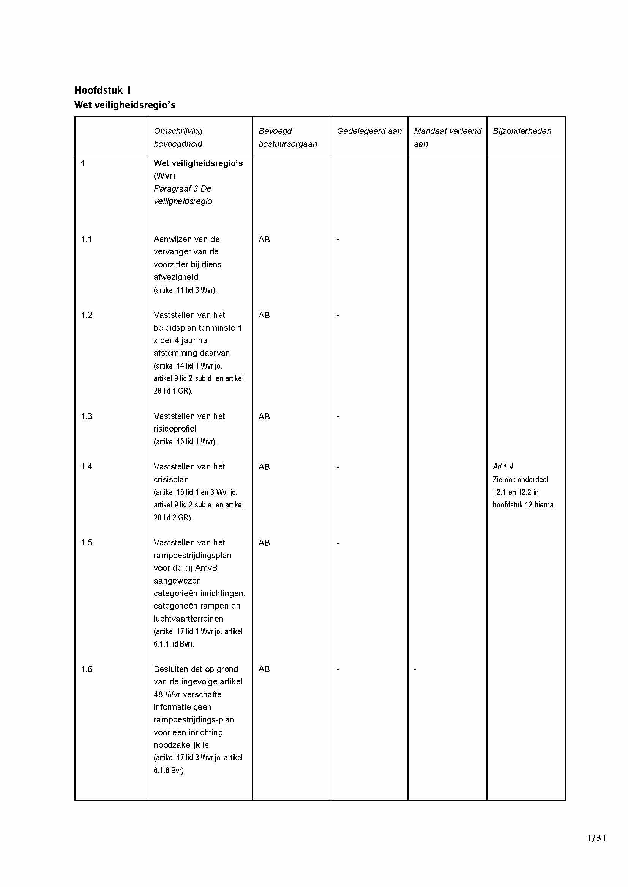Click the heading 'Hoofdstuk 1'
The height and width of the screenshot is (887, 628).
103,90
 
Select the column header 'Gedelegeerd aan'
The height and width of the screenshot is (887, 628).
369,131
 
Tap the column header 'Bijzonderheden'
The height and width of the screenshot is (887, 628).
522,131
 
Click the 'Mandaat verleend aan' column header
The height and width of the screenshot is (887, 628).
447,137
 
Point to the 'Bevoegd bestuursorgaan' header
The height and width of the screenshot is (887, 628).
287,137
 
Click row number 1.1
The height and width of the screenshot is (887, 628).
86,239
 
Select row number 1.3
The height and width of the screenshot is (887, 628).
86,416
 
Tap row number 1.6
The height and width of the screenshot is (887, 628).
86,669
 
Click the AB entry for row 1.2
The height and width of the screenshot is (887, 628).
264,315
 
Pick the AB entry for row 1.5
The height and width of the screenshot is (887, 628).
264,543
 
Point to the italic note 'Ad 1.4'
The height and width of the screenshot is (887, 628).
503,467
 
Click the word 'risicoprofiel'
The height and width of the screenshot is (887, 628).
175,429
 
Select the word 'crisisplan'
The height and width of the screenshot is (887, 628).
171,479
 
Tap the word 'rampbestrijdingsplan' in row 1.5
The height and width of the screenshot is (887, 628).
192,556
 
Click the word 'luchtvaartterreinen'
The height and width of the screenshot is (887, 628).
188,619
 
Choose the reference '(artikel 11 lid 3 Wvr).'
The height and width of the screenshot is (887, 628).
185,290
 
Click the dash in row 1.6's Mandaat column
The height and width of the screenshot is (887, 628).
415,669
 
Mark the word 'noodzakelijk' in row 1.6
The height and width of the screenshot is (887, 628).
176,745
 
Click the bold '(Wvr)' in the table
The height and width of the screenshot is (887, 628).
164,176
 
